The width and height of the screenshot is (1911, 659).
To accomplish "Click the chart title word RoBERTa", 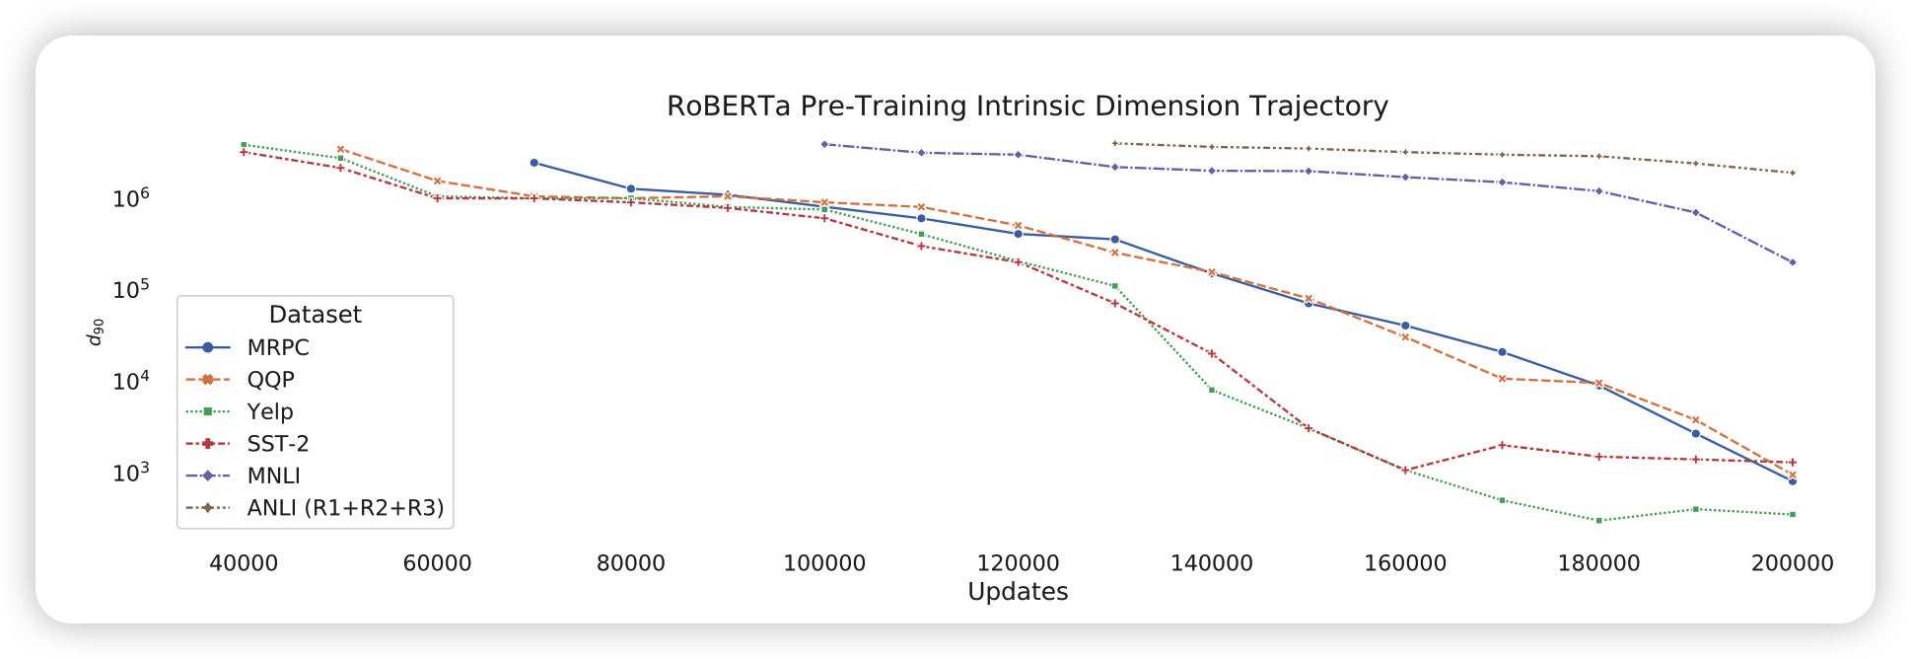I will tap(729, 107).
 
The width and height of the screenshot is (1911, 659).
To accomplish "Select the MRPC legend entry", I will tap(278, 348).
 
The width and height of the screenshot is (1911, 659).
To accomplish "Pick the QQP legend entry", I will tap(270, 380).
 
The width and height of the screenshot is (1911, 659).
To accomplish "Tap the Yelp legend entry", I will tap(270, 412).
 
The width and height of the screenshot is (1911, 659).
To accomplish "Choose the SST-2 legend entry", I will tap(278, 444).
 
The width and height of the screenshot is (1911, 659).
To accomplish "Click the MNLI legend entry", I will tap(274, 476).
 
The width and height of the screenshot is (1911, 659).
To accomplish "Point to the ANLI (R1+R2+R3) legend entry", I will tap(345, 508).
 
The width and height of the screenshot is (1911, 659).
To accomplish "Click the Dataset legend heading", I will tap(315, 315).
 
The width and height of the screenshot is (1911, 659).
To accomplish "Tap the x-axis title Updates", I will tap(1018, 592).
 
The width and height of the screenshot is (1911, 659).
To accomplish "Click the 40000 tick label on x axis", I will tap(244, 564).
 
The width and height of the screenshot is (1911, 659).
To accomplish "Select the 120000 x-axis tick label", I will tap(1018, 564).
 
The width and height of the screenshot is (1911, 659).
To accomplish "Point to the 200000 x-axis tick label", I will tap(1792, 564).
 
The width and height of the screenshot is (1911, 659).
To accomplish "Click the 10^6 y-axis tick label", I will tap(130, 198).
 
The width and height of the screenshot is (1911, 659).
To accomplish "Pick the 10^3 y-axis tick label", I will tap(130, 473).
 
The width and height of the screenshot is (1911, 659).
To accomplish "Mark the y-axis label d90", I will tap(95, 331).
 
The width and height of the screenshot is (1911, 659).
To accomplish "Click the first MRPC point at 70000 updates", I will tap(534, 163).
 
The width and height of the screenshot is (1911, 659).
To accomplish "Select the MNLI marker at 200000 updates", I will tap(1793, 262).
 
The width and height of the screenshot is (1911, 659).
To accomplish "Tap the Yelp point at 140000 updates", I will tap(1212, 390).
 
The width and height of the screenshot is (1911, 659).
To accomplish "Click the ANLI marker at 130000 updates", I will tap(1114, 144).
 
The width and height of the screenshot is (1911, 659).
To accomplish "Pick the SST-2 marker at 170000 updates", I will tap(1502, 445).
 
